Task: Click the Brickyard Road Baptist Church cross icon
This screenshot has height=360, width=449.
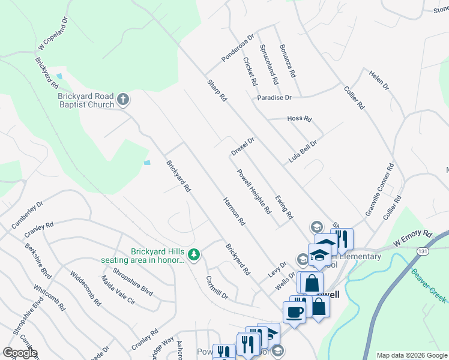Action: click(x=123, y=99)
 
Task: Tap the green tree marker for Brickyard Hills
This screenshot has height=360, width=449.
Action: click(x=193, y=255)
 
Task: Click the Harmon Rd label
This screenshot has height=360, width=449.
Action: click(x=234, y=211)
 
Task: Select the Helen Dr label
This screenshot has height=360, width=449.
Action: click(x=379, y=80)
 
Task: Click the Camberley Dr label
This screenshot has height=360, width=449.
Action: click(x=27, y=215)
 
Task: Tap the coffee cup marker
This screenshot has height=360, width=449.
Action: click(x=294, y=312)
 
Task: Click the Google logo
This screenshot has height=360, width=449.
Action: click(x=20, y=353)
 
